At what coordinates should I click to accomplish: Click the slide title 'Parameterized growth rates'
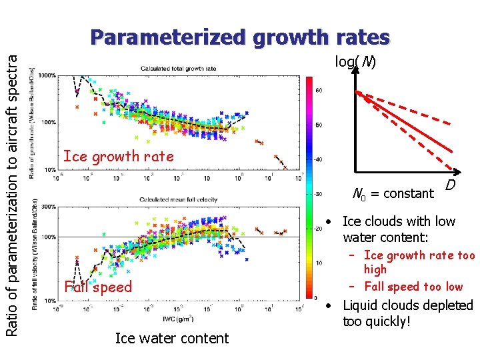pyautogui.click(x=240, y=37)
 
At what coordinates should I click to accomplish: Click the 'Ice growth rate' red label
pyautogui.click(x=118, y=157)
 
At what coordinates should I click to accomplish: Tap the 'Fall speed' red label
pyautogui.click(x=98, y=287)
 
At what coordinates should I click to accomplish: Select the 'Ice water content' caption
pyautogui.click(x=171, y=339)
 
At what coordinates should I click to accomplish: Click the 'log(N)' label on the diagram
pyautogui.click(x=355, y=63)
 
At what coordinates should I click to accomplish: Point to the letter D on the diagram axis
pyautogui.click(x=451, y=184)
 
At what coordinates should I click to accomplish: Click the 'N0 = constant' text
pyautogui.click(x=393, y=194)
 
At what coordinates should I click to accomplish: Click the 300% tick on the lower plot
pyautogui.click(x=49, y=207)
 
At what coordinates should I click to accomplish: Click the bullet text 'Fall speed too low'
pyautogui.click(x=413, y=287)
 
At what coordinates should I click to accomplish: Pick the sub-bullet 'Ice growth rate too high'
pyautogui.click(x=419, y=262)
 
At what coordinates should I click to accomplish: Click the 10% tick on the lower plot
pyautogui.click(x=49, y=301)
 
